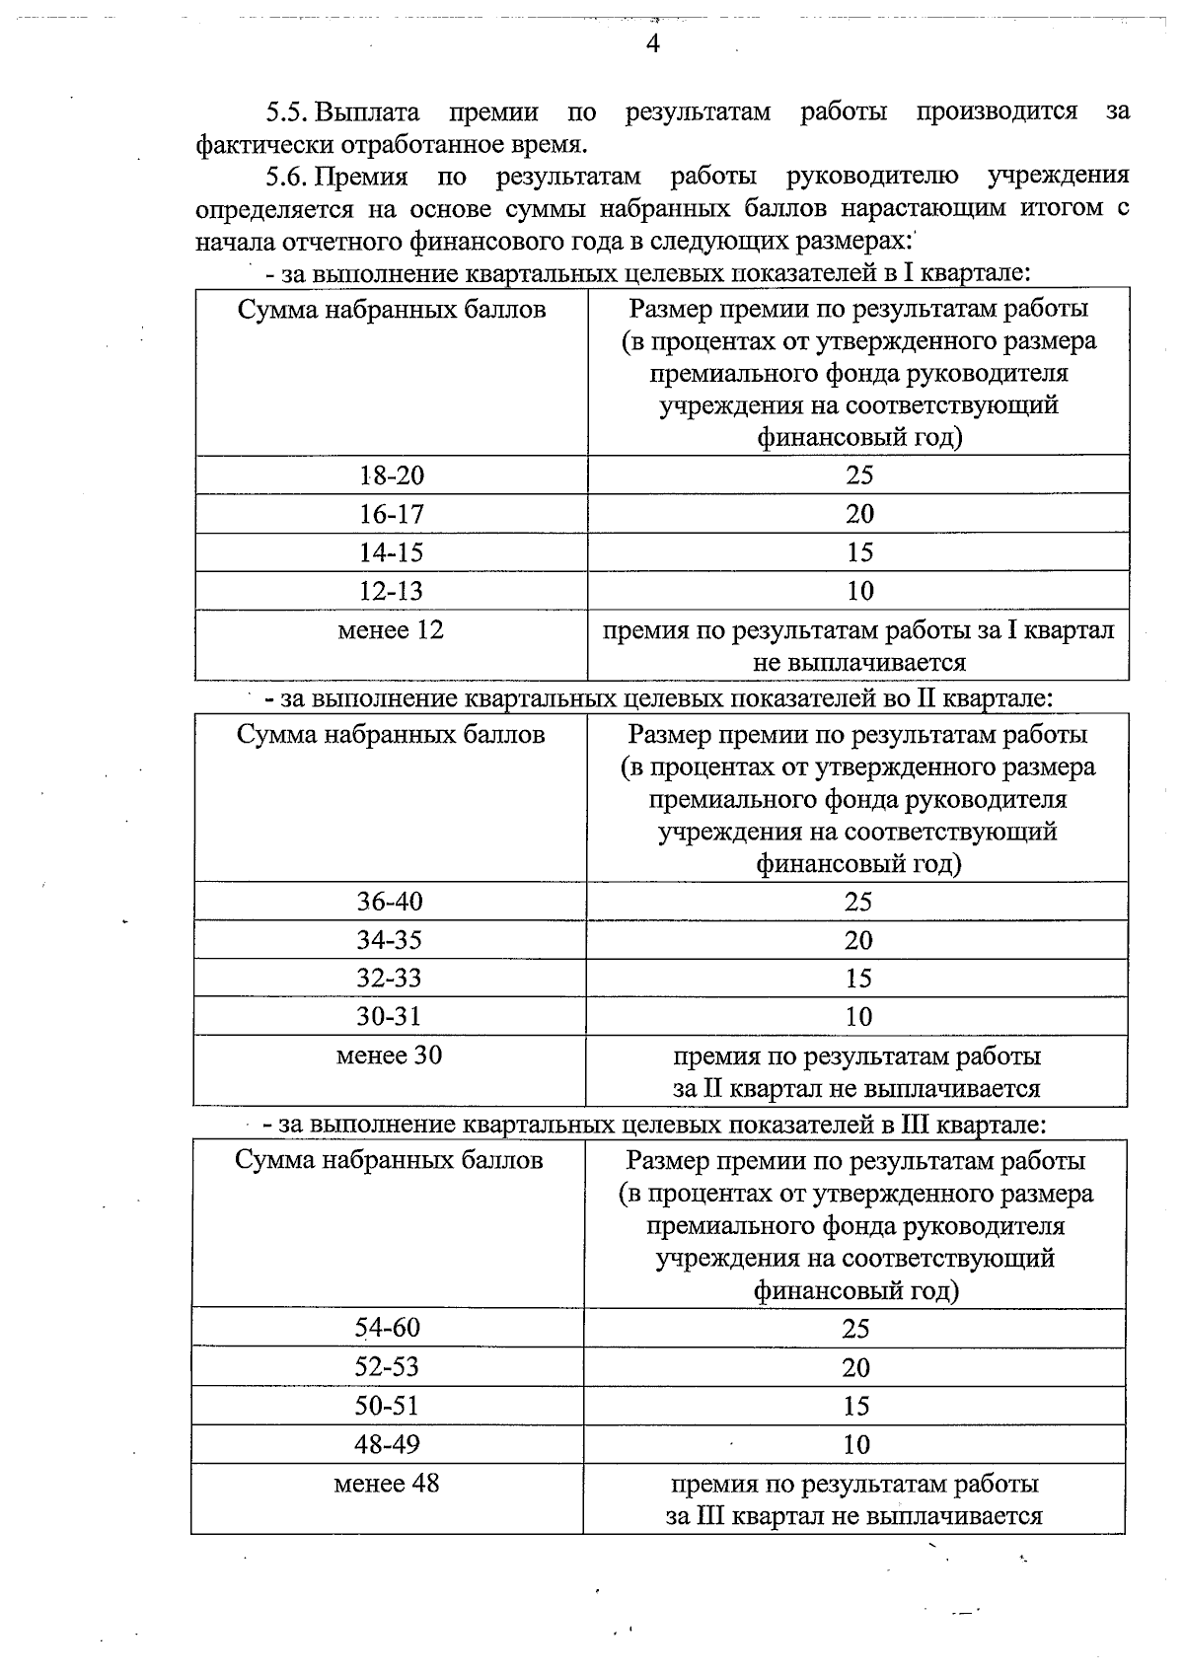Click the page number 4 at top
pyautogui.click(x=651, y=43)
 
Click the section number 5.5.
pyautogui.click(x=287, y=111)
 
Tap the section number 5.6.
pyautogui.click(x=287, y=177)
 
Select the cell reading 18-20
pyautogui.click(x=391, y=475)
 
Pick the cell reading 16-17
pyautogui.click(x=391, y=514)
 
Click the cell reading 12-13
pyautogui.click(x=391, y=591)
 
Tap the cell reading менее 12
pyautogui.click(x=391, y=629)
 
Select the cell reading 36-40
pyautogui.click(x=389, y=902)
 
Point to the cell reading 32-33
pyautogui.click(x=389, y=979)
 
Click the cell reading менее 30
pyautogui.click(x=389, y=1056)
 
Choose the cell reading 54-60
pyautogui.click(x=387, y=1328)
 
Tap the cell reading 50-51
pyautogui.click(x=387, y=1406)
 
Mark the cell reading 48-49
pyautogui.click(x=387, y=1444)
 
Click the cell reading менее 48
pyautogui.click(x=387, y=1483)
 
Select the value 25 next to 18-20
pyautogui.click(x=859, y=475)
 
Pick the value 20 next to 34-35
pyautogui.click(x=857, y=940)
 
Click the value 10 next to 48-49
pyautogui.click(x=855, y=1445)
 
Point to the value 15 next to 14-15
pyautogui.click(x=859, y=552)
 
